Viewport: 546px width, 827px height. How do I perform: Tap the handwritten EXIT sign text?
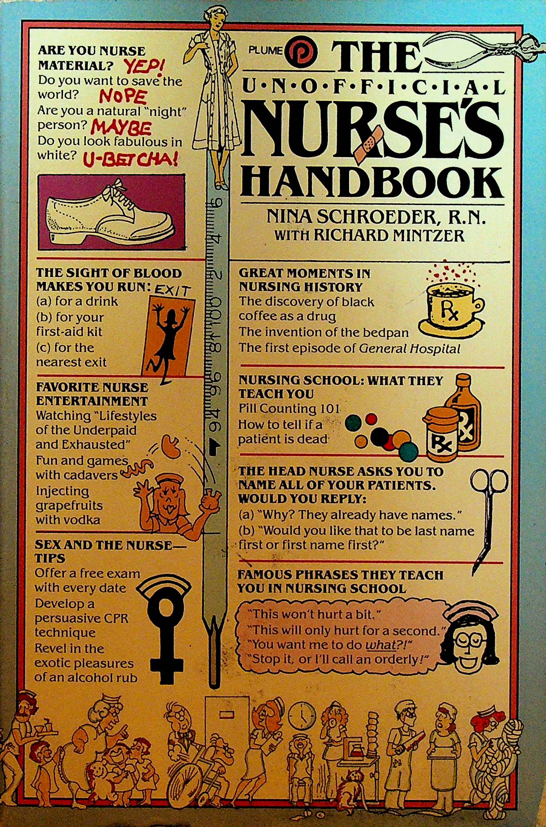click(173, 290)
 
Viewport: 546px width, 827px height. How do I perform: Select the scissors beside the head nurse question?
click(487, 516)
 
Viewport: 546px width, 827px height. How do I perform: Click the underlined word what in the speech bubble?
click(381, 644)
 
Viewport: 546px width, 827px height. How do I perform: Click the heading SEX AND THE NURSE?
click(103, 545)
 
